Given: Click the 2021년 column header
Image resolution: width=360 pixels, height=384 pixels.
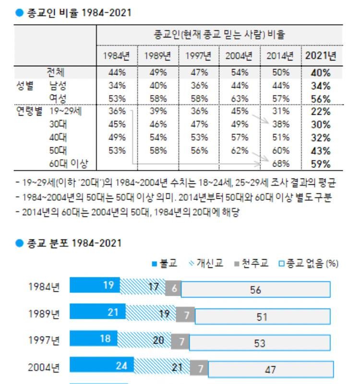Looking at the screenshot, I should (x=321, y=56).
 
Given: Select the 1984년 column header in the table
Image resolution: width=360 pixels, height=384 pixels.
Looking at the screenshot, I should (x=117, y=56).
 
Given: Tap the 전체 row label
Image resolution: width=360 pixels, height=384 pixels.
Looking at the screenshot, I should (x=56, y=72).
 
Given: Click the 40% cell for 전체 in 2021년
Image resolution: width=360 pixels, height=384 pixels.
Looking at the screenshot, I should (x=321, y=73).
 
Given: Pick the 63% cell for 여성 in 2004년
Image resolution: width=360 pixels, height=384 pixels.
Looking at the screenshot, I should (x=240, y=99).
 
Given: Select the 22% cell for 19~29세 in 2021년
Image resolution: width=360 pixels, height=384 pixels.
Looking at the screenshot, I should (x=321, y=112).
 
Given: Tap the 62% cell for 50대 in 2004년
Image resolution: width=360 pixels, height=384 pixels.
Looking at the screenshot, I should (x=240, y=151).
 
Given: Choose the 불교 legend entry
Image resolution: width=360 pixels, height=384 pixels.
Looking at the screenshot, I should (x=165, y=264).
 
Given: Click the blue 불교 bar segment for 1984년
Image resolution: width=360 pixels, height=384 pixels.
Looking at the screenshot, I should (x=95, y=286).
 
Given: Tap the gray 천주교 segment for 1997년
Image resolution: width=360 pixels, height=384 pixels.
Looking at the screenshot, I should (x=180, y=341).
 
